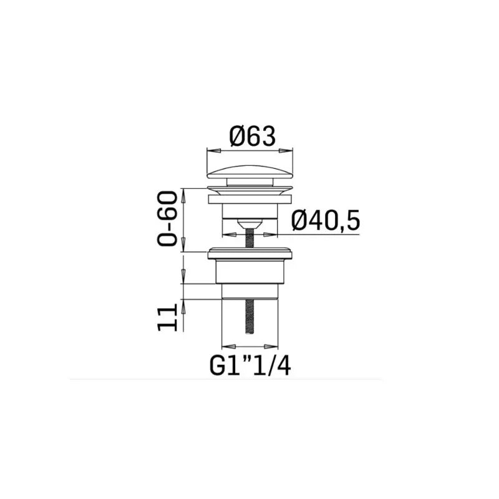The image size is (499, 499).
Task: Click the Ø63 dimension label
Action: pyautogui.click(x=252, y=137)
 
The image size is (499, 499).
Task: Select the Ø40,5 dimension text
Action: pyautogui.click(x=326, y=220)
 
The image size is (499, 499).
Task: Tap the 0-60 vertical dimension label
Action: pyautogui.click(x=167, y=219)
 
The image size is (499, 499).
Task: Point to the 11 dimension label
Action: pyautogui.click(x=167, y=317)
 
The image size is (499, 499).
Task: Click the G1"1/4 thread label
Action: pyautogui.click(x=250, y=366)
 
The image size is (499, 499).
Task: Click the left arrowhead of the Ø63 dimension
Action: pyautogui.click(x=214, y=150)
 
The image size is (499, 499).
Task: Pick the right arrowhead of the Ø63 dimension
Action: pyautogui.click(x=286, y=150)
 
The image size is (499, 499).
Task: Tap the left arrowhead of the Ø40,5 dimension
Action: pyautogui.click(x=229, y=235)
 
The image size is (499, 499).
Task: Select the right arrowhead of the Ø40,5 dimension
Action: pyautogui.click(x=271, y=235)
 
